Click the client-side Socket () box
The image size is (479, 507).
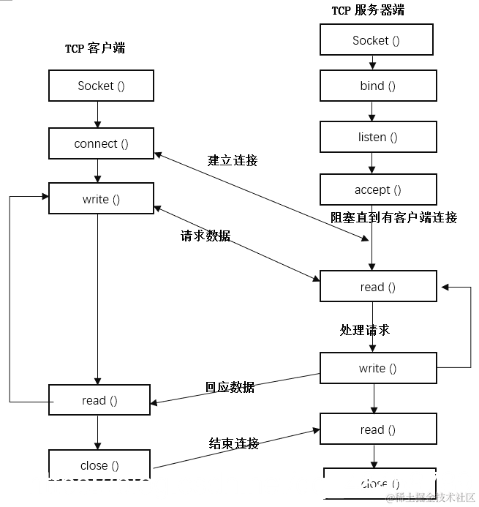pos(101,86)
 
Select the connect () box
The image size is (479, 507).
pos(101,143)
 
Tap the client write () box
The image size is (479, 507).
pos(101,199)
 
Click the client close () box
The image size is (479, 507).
pos(99,465)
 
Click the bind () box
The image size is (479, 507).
pos(377,86)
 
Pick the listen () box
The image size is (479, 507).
pos(377,137)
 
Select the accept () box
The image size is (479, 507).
pos(377,189)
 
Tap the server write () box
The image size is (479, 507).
pos(377,368)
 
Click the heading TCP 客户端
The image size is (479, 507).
pos(95,48)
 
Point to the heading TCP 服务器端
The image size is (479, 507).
pos(368,10)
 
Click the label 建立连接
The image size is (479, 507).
pos(233,160)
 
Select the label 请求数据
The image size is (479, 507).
pos(205,236)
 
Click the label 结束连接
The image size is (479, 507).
pos(234,443)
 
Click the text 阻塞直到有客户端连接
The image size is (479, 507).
pos(394,217)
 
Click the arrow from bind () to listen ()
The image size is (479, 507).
pos(372,110)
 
